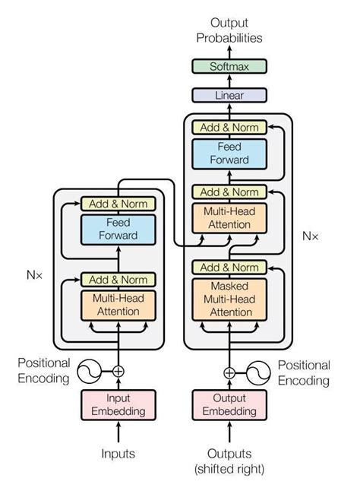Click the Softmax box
point(229,67)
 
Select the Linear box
point(229,95)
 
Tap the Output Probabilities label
point(229,30)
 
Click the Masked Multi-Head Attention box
point(229,298)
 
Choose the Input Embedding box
point(118,404)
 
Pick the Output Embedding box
point(229,404)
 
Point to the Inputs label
point(118,454)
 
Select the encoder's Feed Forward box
point(118,229)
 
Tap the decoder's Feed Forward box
point(229,153)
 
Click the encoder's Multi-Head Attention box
point(118,305)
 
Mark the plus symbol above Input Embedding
point(118,372)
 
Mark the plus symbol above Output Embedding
point(229,372)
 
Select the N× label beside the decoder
point(311,236)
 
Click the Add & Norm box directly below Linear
point(229,127)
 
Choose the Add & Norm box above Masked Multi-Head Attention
point(229,268)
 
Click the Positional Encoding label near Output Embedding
point(303,373)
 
